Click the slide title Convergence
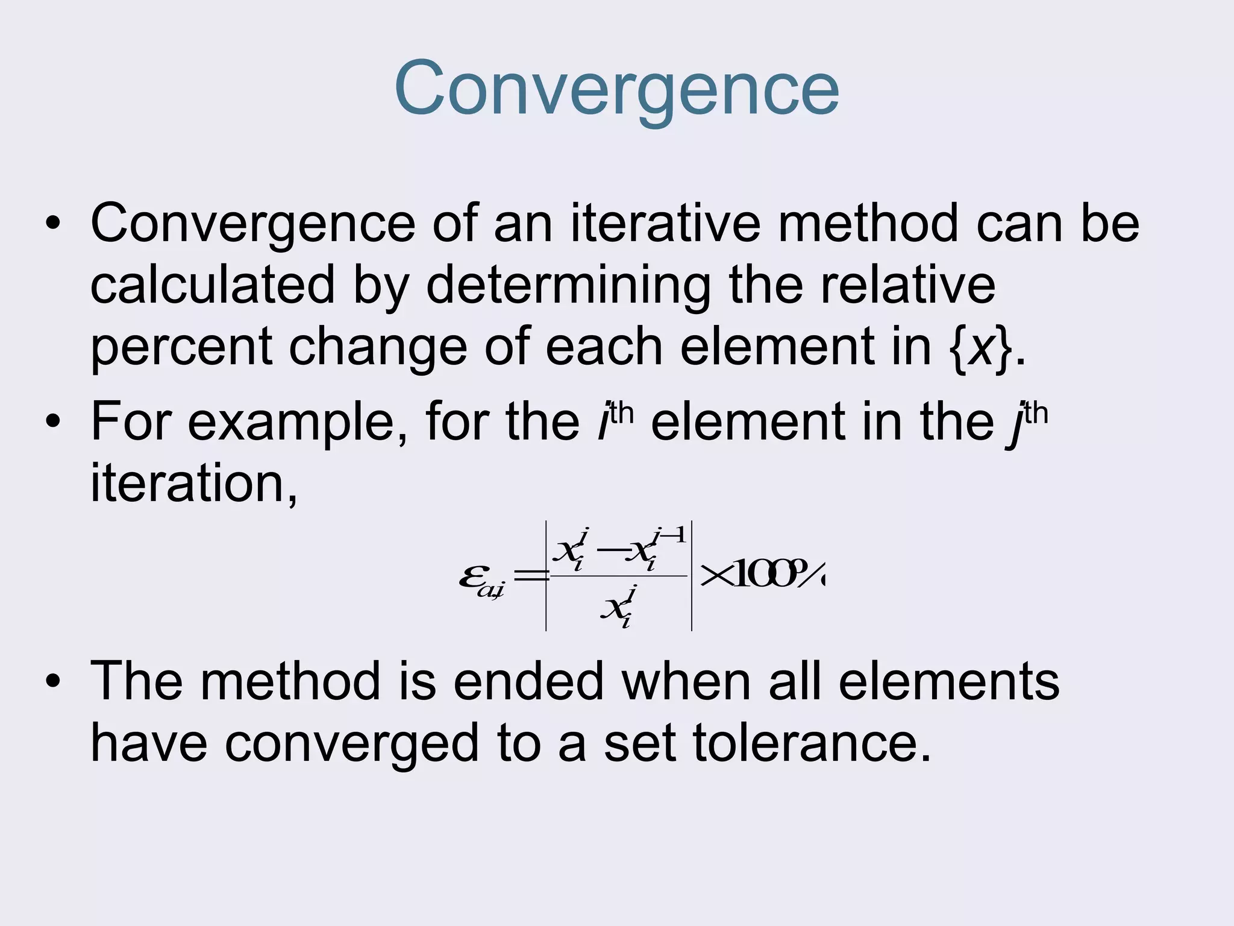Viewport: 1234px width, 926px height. pyautogui.click(x=616, y=89)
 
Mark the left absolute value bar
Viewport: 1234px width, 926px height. pyautogui.click(x=546, y=576)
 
